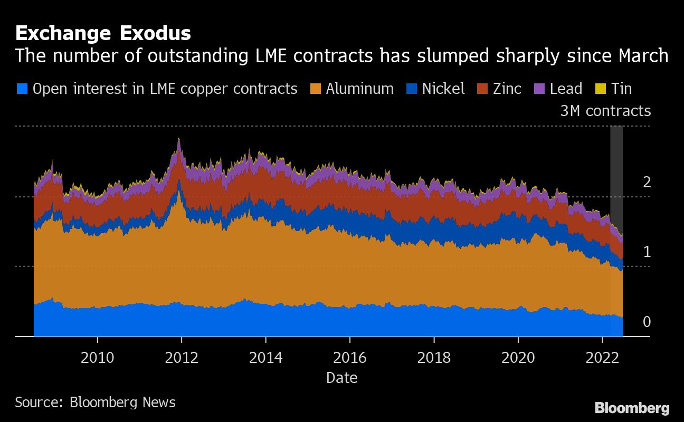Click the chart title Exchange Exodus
coord(103,33)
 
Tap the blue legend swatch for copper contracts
coord(22,89)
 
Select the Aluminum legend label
coord(359,89)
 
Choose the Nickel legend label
coord(443,89)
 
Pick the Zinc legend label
coord(507,89)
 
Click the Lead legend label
coord(566,89)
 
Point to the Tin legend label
coord(621,89)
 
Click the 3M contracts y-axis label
coord(605,111)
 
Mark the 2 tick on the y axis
coord(647,183)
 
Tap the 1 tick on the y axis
coord(647,252)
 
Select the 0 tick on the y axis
coord(647,322)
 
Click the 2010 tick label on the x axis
coord(97,358)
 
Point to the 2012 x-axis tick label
coord(182,358)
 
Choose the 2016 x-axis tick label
coord(350,358)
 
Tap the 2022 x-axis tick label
coord(602,358)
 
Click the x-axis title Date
coord(341,378)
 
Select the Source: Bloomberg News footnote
coord(95,402)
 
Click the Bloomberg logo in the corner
coord(632,408)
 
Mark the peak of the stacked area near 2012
coord(179,138)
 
